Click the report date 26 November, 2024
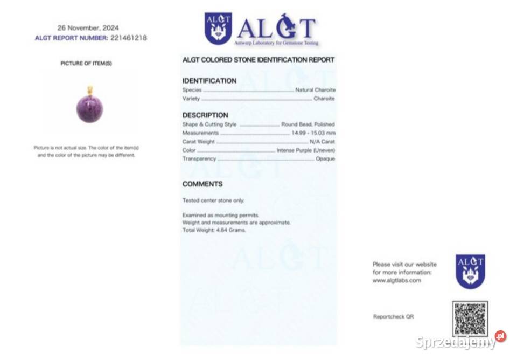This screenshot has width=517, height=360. (x=88, y=28)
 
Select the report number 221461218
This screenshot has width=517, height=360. (x=129, y=38)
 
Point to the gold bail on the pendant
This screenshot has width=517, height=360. (x=90, y=90)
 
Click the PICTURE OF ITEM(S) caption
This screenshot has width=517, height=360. (x=86, y=64)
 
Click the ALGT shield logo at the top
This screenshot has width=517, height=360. (x=218, y=28)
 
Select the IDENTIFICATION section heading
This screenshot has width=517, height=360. (x=209, y=81)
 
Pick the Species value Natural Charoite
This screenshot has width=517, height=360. (x=315, y=90)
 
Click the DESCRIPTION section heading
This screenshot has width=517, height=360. (x=205, y=115)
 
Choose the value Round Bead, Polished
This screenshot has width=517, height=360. (x=308, y=124)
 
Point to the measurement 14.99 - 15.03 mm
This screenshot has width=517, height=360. (x=313, y=133)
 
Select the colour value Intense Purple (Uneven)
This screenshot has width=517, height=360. (x=305, y=150)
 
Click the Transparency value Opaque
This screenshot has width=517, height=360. (x=325, y=159)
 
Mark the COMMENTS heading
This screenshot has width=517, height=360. (x=202, y=184)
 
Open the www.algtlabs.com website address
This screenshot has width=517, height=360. (x=396, y=281)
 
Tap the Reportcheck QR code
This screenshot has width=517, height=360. (x=470, y=319)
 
